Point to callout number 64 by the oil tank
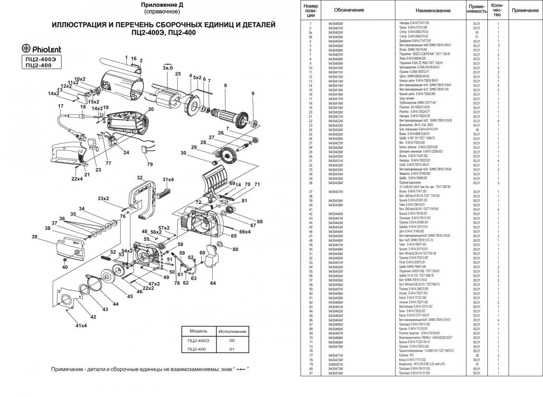213,284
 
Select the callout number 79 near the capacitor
150,164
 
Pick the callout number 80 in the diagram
235,249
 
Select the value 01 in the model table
232,349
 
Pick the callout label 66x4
245,232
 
